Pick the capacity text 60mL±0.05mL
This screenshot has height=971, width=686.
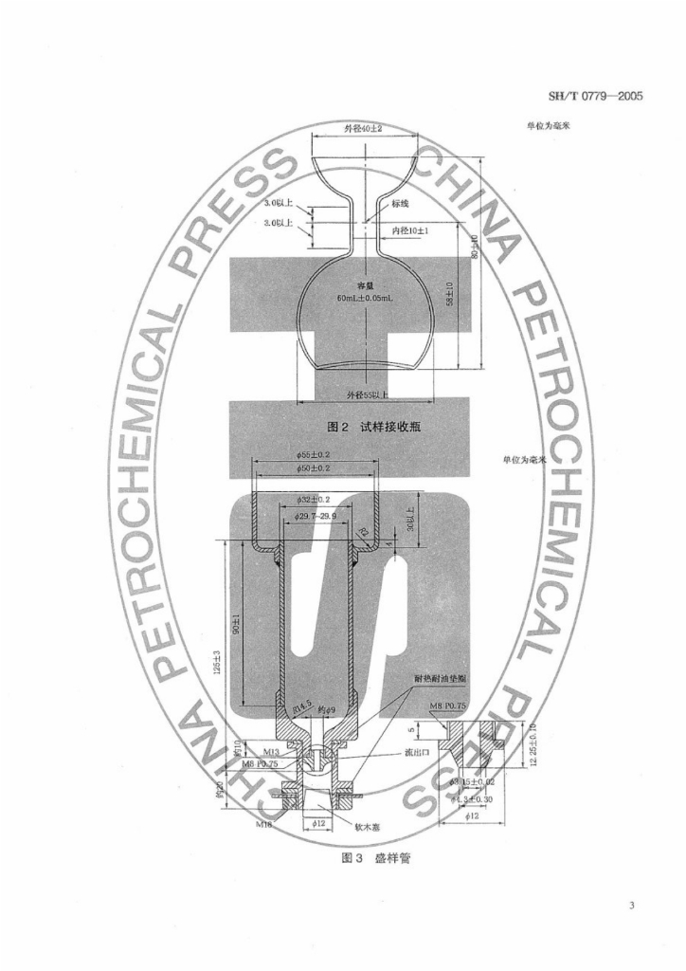pyautogui.click(x=364, y=297)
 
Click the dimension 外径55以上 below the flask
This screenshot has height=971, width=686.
pyautogui.click(x=366, y=392)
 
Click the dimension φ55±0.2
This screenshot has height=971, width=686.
pyautogui.click(x=313, y=455)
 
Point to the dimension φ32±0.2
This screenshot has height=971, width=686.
pyautogui.click(x=313, y=499)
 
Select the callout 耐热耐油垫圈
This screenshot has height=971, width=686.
pyautogui.click(x=443, y=679)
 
